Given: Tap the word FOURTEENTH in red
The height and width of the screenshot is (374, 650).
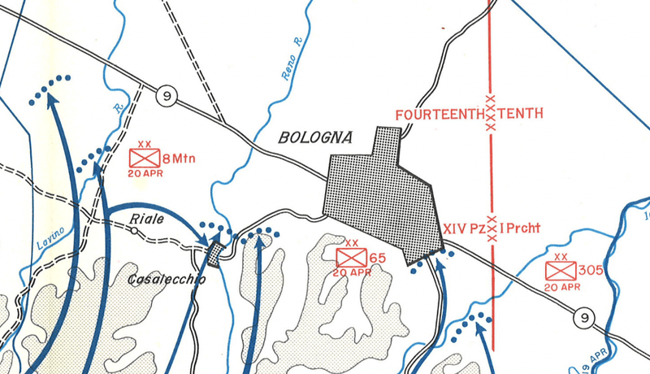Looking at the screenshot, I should (x=438, y=115).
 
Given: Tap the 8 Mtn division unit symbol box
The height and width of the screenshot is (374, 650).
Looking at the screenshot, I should (x=145, y=159).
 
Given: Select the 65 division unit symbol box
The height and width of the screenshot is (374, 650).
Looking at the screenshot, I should (x=352, y=258).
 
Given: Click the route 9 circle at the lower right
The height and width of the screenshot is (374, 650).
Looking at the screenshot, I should (x=583, y=317).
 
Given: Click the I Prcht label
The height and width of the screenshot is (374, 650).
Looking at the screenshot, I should (x=525, y=230).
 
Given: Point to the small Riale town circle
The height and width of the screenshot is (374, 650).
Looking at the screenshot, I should (x=135, y=231).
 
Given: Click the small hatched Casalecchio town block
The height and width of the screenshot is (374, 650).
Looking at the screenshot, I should (x=214, y=254).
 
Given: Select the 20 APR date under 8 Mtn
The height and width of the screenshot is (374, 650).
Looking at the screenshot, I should (x=145, y=173).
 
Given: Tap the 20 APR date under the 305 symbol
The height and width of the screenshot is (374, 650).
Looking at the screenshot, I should (x=561, y=286).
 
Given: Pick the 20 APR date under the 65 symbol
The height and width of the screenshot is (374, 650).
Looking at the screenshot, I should (x=352, y=272).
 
